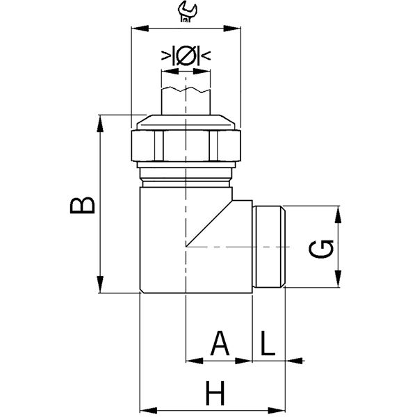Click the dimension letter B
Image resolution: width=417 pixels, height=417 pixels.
coord(82,205)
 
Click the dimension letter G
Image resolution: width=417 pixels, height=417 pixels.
coord(321,250)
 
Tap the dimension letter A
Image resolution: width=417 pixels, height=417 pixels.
coord(220,343)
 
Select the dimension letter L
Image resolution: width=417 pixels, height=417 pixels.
coord(268,343)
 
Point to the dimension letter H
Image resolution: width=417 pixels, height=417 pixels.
coord(215,393)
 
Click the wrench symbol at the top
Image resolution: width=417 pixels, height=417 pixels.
coord(187,11)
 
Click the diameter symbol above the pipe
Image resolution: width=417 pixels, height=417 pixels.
coord(186,56)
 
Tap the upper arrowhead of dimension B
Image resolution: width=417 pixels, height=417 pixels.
coord(100,124)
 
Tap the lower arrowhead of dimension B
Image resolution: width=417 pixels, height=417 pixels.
coord(100,284)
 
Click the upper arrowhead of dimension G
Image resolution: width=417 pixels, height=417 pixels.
coord(338,214)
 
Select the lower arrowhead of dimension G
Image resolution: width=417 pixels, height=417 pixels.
coord(338,279)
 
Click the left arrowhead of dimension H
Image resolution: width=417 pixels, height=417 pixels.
coord(149,410)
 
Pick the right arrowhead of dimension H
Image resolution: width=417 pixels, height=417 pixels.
coord(277,410)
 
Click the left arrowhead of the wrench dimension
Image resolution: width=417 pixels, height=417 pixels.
coord(140,28)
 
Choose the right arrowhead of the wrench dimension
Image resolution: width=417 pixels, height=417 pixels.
coord(232,28)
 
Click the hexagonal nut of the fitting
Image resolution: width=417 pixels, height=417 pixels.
coord(186,145)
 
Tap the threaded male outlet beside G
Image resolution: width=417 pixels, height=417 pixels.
coord(269,247)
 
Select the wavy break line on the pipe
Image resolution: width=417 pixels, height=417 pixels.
coord(186,90)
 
